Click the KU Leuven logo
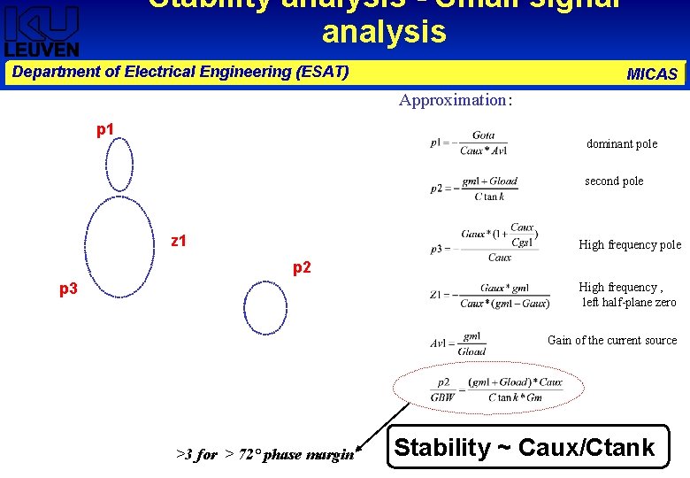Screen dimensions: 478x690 (42, 30)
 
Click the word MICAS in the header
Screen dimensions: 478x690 (652, 74)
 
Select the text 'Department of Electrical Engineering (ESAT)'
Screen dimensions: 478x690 (180, 72)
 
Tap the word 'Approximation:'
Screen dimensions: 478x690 (455, 100)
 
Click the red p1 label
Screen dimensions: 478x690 (105, 130)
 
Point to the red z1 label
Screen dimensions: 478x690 (178, 241)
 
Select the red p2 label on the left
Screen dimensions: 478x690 (302, 267)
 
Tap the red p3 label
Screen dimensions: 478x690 (68, 289)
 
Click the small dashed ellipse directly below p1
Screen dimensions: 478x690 (119, 166)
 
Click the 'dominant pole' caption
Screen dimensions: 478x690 (621, 144)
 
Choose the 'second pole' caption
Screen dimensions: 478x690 (614, 181)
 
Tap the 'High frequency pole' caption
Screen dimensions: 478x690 (629, 245)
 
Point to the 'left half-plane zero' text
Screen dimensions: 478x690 (628, 303)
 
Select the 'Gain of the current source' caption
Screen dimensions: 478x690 (611, 340)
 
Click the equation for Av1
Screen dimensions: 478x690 (459, 343)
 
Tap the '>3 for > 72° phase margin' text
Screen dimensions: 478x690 (264, 454)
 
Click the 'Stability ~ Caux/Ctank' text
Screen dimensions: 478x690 (524, 448)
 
